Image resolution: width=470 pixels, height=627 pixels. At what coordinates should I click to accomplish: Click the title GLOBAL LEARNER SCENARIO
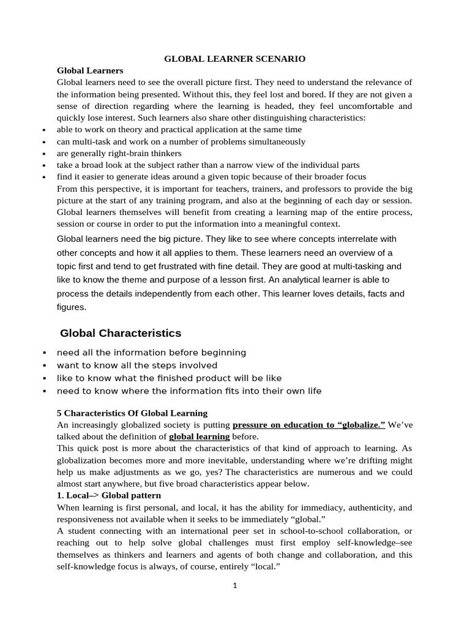click(x=235, y=59)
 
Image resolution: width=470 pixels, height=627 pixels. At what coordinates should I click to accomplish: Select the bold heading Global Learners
click(x=90, y=70)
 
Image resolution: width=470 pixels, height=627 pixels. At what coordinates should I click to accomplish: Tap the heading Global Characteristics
click(x=121, y=333)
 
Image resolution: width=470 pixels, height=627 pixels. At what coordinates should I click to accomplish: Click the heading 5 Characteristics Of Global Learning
click(x=132, y=413)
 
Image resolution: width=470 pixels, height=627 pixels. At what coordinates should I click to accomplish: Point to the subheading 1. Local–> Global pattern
click(x=109, y=495)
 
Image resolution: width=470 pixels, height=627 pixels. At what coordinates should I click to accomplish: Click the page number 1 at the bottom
click(x=234, y=585)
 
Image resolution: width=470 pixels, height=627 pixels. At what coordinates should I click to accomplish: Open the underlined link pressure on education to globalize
click(x=308, y=424)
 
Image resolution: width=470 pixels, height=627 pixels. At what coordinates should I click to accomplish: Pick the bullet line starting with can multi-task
click(x=181, y=141)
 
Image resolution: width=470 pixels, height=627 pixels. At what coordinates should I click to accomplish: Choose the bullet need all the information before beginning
click(x=151, y=353)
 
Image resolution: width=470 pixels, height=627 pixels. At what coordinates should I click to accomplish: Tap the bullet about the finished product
click(x=169, y=378)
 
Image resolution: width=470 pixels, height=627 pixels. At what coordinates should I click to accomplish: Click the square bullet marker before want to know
click(x=45, y=366)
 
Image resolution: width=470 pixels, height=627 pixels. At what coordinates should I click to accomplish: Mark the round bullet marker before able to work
click(x=43, y=130)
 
